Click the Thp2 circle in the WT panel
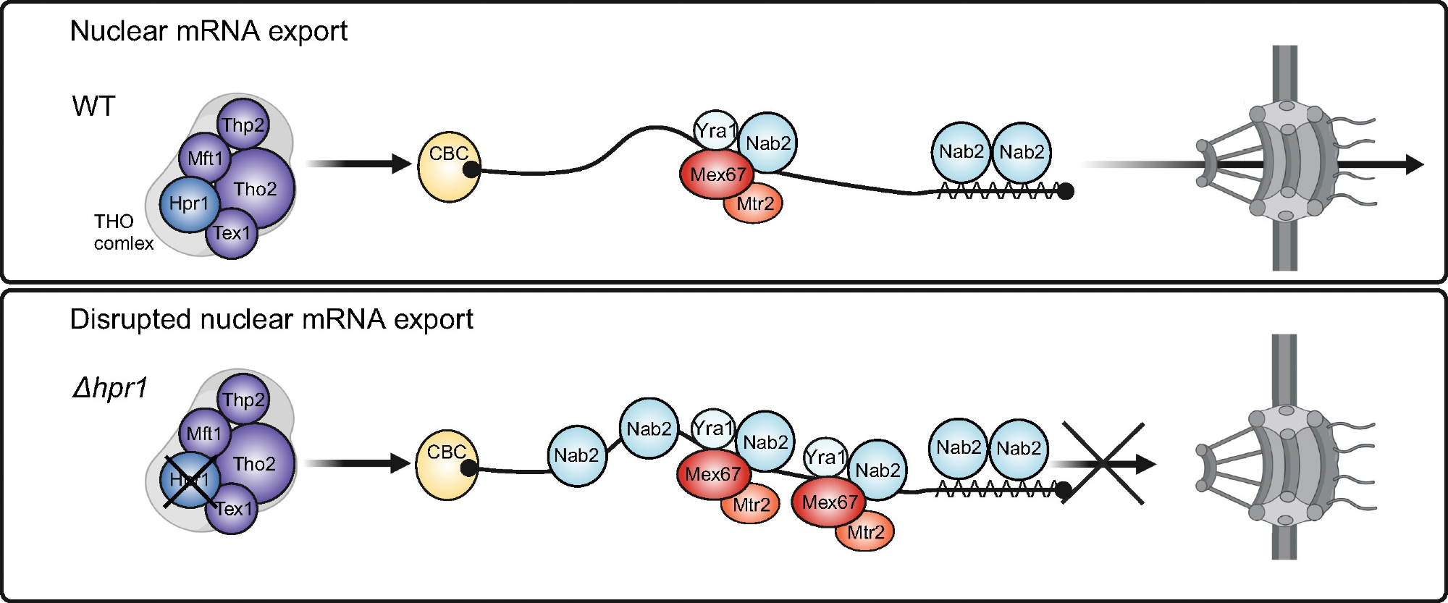[243, 125]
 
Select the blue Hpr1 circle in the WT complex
[189, 203]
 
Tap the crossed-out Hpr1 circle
[189, 480]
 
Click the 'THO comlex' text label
[123, 232]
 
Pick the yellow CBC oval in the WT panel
[448, 166]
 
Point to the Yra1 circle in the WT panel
[715, 130]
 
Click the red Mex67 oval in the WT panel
[717, 174]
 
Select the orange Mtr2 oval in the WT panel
[754, 204]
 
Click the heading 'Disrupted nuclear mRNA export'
[271, 319]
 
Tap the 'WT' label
[93, 106]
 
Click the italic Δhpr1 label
[109, 388]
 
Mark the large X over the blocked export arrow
[1103, 463]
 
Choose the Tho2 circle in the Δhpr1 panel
[255, 463]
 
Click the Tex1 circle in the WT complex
[232, 233]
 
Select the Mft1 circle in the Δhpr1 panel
[204, 434]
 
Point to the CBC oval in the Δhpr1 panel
[446, 464]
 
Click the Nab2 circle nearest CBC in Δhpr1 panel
[576, 455]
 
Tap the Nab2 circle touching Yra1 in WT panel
[767, 143]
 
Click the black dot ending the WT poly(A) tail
[1066, 192]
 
